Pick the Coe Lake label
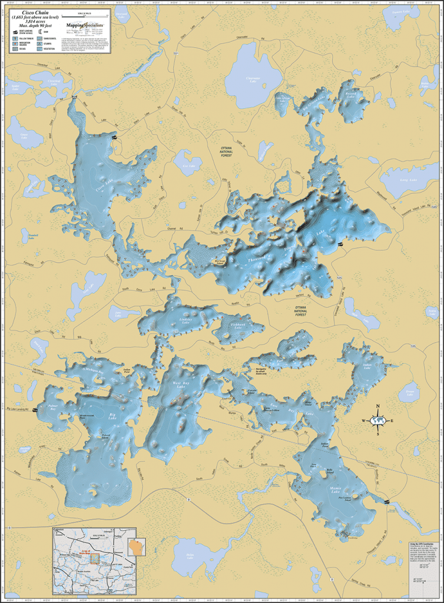point(188,166)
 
